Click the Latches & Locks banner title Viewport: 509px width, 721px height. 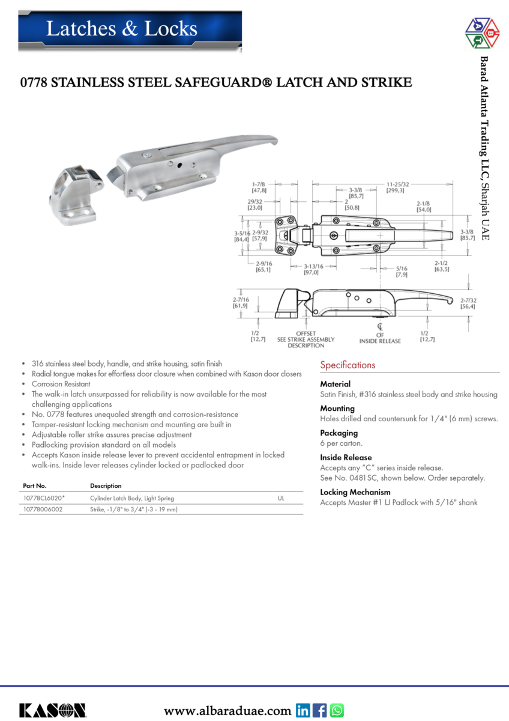pyautogui.click(x=122, y=28)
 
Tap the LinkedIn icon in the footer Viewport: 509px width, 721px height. pyautogui.click(x=304, y=711)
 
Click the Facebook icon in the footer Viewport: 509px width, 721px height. pyautogui.click(x=321, y=711)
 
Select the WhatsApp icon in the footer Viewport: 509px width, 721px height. pyautogui.click(x=337, y=711)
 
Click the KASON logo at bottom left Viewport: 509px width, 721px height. pyautogui.click(x=53, y=710)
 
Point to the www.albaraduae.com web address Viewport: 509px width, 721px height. pyautogui.click(x=227, y=711)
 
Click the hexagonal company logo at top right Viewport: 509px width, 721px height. pyautogui.click(x=483, y=34)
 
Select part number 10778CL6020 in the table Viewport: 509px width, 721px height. pyautogui.click(x=44, y=498)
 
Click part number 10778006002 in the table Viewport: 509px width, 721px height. pyautogui.click(x=43, y=510)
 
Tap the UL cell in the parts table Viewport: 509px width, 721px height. pyautogui.click(x=281, y=498)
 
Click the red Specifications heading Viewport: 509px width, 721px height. pyautogui.click(x=348, y=365)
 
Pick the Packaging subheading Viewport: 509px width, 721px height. pyautogui.click(x=339, y=433)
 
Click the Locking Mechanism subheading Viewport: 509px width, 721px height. pyautogui.click(x=355, y=492)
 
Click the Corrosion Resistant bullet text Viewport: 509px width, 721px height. pyautogui.click(x=61, y=383)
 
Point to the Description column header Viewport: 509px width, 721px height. pyautogui.click(x=106, y=485)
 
